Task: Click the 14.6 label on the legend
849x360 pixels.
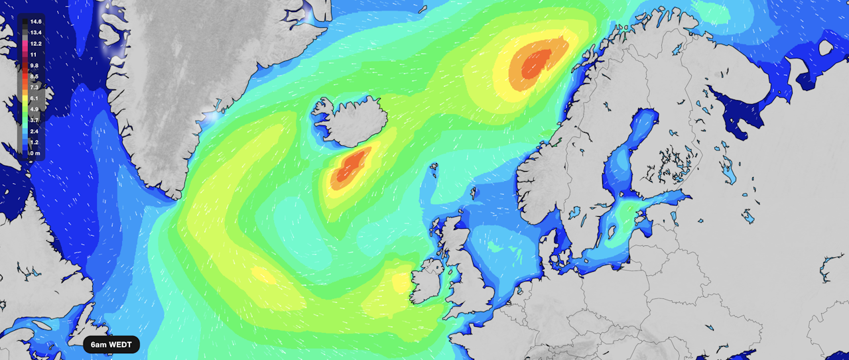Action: pos(36,22)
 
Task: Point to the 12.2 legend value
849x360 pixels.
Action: pos(36,43)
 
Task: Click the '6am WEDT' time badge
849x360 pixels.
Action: pos(111,345)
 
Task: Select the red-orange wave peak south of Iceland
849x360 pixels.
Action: pos(350,166)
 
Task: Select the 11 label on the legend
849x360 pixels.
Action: pos(33,54)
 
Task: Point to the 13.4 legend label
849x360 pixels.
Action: pos(36,32)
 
